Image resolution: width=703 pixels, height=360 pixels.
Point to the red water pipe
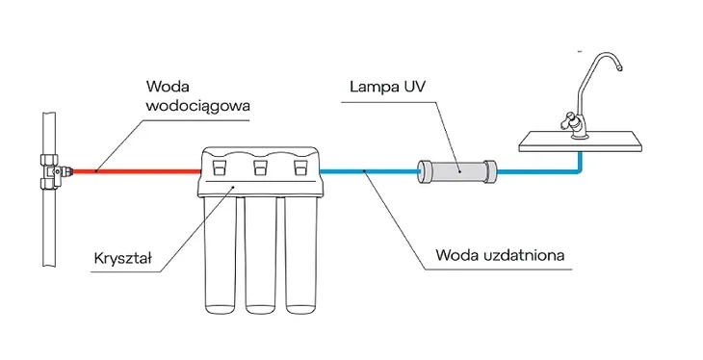coord(135,171)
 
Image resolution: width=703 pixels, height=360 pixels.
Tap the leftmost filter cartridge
coord(219,255)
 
